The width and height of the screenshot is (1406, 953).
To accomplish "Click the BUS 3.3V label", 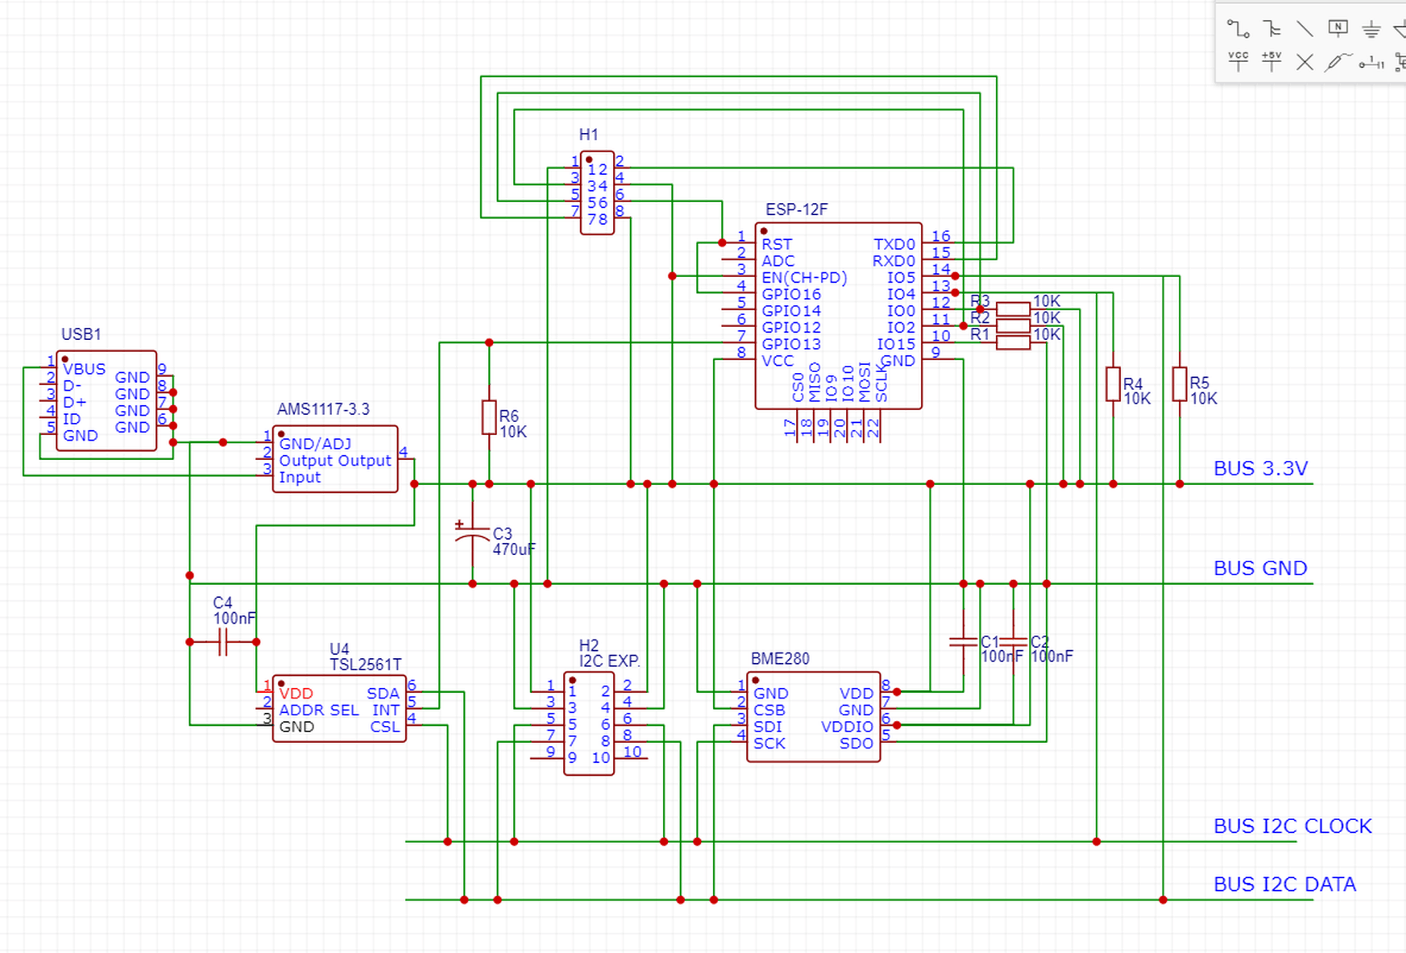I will (1260, 468).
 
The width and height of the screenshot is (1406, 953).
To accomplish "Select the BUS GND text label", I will (1260, 568).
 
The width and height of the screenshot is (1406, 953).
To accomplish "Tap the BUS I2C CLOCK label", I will (1292, 826).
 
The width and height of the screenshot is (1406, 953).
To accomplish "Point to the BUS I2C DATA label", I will (1284, 884).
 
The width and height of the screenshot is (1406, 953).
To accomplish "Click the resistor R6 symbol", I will (489, 417).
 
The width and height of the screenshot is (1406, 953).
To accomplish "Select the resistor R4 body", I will (1113, 384).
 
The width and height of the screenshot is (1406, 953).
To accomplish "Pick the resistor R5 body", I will (1180, 384).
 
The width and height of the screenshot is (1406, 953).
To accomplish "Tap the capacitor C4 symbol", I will (223, 642).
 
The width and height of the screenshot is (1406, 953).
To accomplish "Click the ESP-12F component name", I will (796, 209).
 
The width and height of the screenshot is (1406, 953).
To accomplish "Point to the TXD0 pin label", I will (894, 244).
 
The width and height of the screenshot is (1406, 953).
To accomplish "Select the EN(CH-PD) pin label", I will (804, 277).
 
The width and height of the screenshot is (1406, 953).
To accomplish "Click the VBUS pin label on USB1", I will (84, 369).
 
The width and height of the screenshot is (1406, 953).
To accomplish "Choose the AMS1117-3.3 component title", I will (323, 409).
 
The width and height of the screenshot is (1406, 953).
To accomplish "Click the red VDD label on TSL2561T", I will (296, 694).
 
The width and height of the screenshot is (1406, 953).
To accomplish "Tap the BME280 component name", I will (779, 658).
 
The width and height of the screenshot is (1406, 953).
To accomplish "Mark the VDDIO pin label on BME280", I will (846, 727).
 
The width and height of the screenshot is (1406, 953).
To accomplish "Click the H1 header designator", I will (588, 135).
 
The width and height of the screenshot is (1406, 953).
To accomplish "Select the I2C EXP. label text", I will (610, 661).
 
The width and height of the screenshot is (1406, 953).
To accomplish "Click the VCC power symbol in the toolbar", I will (1238, 60).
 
